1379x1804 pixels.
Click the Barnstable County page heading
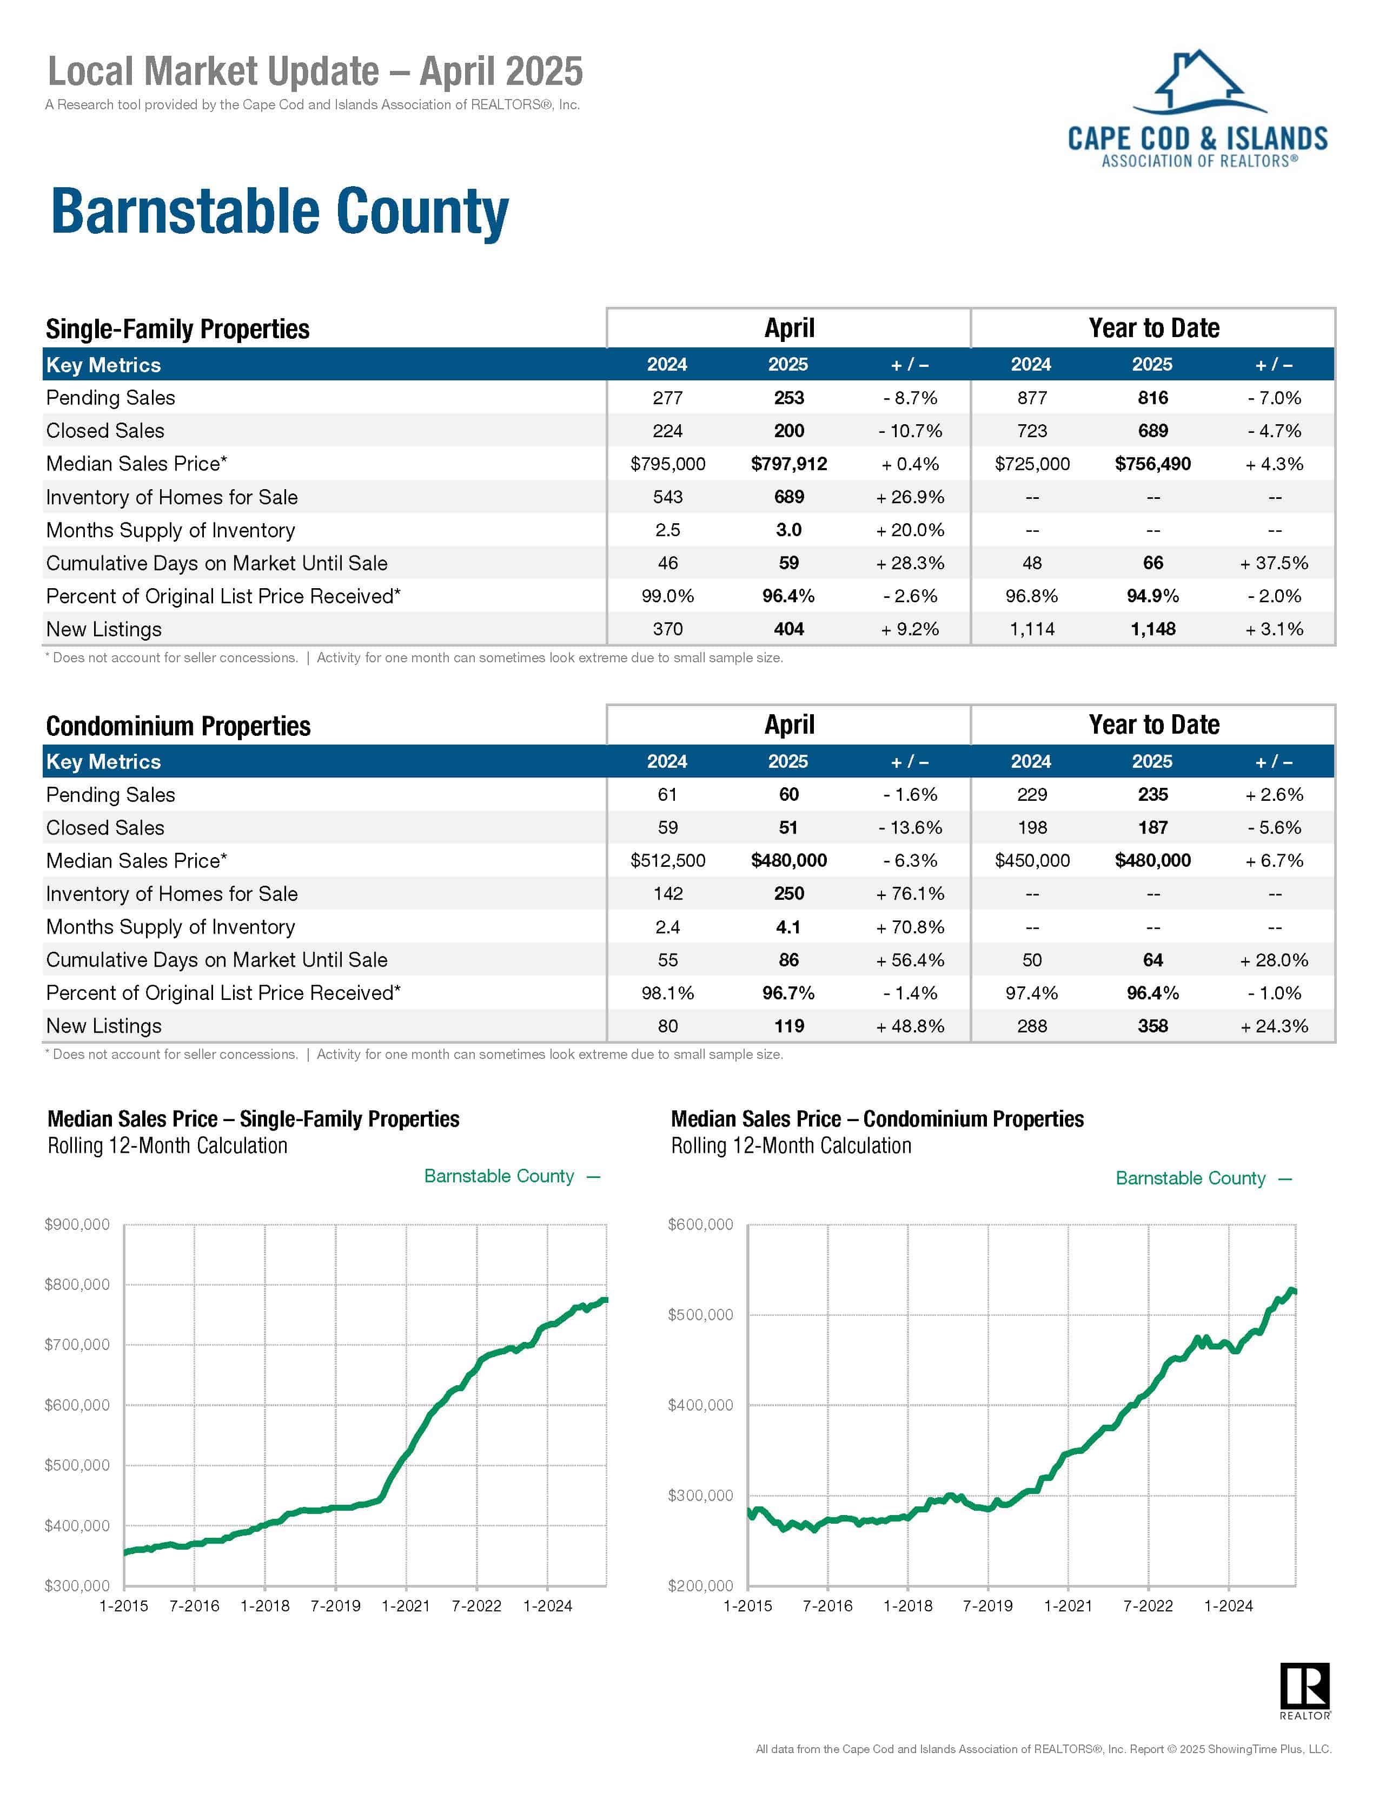(279, 212)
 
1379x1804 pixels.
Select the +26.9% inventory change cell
(910, 497)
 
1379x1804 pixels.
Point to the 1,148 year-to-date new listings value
(1152, 629)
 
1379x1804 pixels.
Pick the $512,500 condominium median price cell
(667, 860)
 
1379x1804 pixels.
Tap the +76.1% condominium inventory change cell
(910, 893)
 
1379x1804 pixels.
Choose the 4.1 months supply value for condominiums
(788, 927)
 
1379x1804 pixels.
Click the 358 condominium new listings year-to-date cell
(1152, 1025)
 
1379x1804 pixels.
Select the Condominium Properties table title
(178, 726)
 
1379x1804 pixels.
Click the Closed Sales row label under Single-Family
(105, 431)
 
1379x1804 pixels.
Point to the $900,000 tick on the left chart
(77, 1224)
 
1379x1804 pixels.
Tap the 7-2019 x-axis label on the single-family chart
(335, 1605)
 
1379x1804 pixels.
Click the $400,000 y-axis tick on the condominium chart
(700, 1405)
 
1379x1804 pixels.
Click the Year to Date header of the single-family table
(1153, 327)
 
